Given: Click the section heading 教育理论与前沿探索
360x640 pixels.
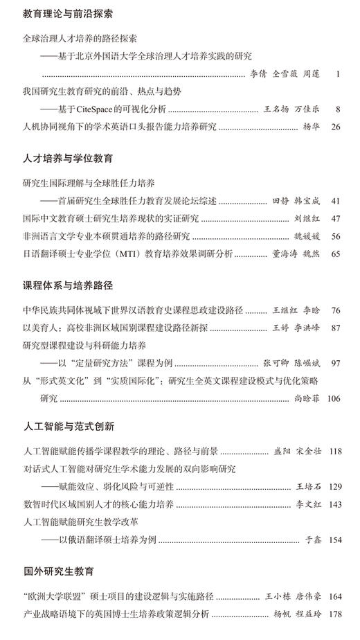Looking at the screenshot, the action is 68,13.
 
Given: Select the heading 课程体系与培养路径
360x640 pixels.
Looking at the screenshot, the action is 68,285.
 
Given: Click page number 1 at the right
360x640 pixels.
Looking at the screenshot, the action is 337,73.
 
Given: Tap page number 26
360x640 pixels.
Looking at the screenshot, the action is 336,127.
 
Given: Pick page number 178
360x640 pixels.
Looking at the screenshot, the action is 334,613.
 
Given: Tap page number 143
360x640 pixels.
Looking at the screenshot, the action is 334,504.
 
